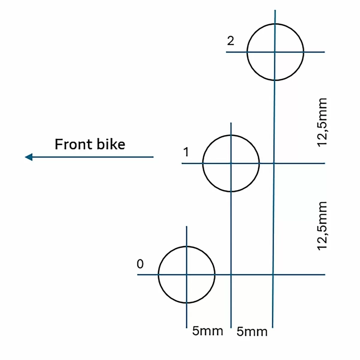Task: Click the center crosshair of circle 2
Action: click(275, 52)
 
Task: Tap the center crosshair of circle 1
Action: click(231, 163)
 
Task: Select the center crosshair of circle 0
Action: click(187, 274)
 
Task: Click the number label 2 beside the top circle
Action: click(230, 41)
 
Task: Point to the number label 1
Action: click(186, 152)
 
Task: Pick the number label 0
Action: click(140, 264)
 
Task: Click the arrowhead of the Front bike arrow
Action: click(28, 157)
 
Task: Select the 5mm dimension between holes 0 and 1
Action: click(208, 331)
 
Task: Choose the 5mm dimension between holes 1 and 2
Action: click(252, 331)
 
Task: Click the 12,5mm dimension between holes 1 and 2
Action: click(322, 122)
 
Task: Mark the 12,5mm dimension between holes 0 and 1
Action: click(322, 226)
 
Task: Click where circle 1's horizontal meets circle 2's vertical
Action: click(274, 163)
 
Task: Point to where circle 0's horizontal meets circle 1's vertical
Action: click(231, 274)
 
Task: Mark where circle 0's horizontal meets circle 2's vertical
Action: click(273, 274)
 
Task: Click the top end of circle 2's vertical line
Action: click(275, 10)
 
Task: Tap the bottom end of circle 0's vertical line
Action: click(187, 328)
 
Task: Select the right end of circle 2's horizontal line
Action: click(324, 52)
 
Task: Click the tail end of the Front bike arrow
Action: click(153, 157)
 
